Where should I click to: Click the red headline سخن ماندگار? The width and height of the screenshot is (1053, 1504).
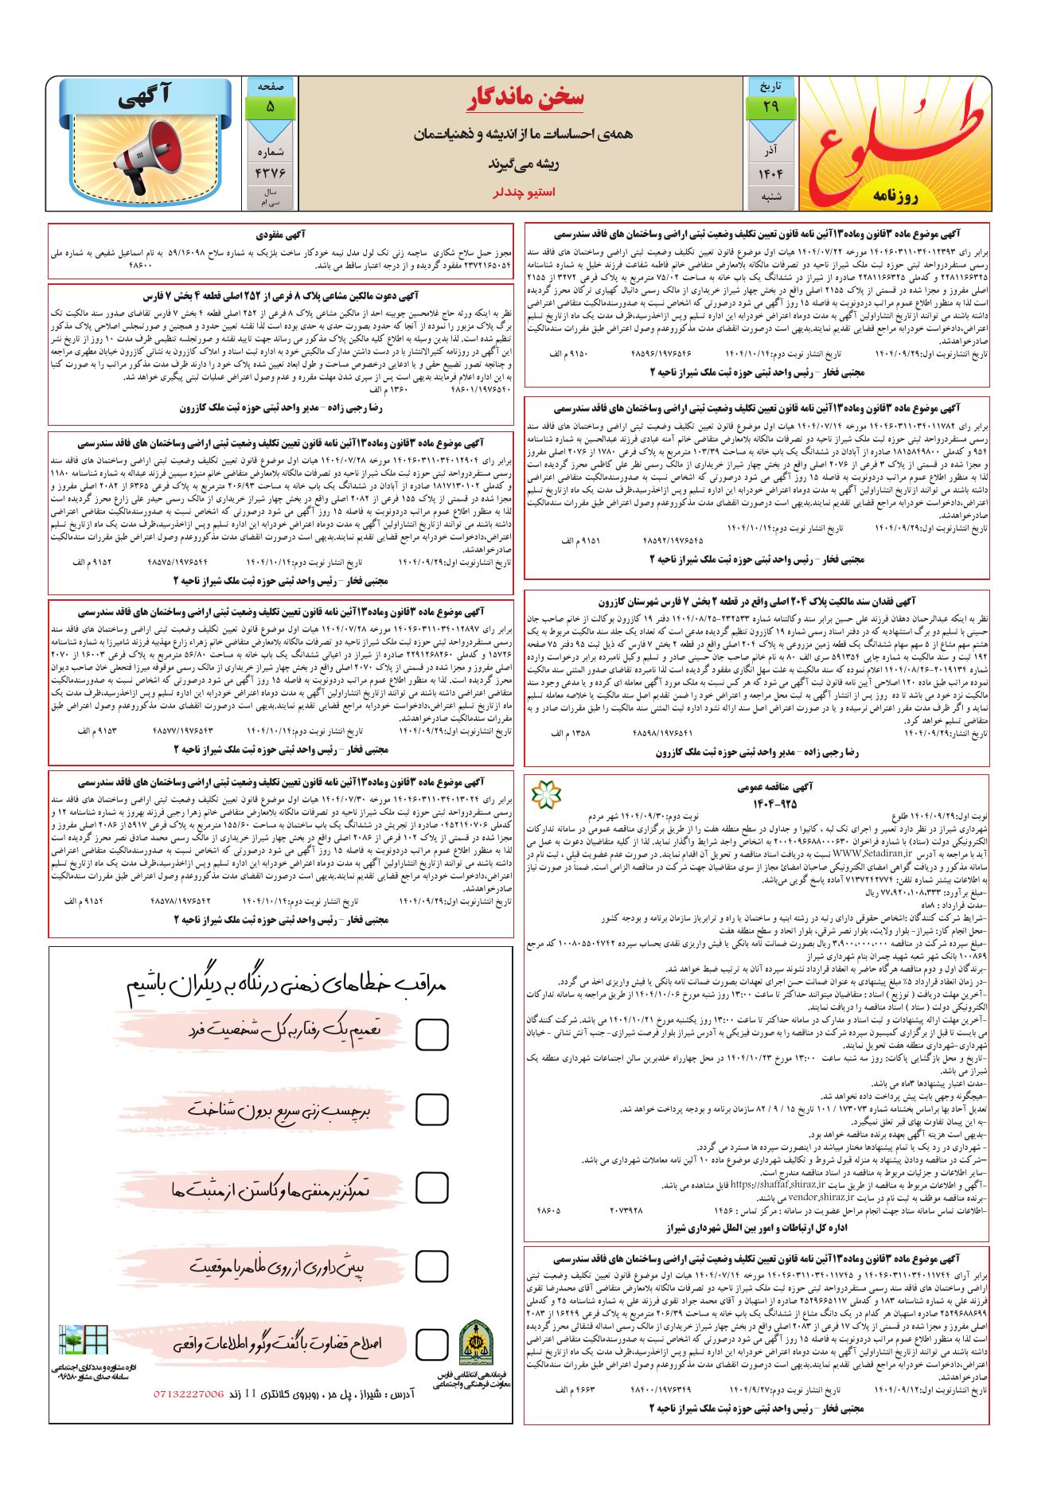click(x=525, y=98)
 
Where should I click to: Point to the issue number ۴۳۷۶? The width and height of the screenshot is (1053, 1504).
click(x=270, y=172)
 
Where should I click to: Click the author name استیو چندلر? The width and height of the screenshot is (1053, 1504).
click(x=525, y=192)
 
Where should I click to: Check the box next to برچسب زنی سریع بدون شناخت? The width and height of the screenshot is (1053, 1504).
click(x=431, y=1109)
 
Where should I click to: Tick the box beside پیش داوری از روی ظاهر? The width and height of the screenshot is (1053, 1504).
click(x=431, y=1264)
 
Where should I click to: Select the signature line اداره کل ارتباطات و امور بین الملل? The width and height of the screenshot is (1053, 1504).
click(x=756, y=1229)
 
